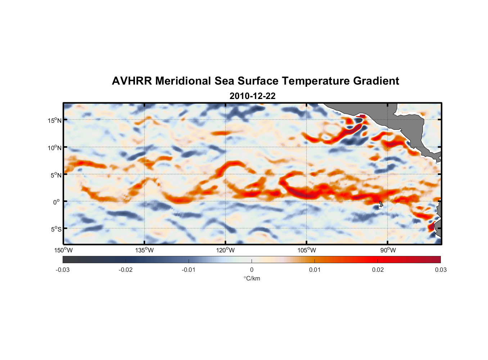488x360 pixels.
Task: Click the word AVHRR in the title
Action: coord(132,81)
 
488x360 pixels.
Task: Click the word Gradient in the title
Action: coord(376,81)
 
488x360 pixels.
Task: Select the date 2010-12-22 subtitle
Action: coord(252,96)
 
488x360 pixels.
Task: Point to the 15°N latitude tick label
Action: coord(55,120)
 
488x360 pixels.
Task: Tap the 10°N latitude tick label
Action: coord(55,148)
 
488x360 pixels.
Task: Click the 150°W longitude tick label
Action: coord(64,250)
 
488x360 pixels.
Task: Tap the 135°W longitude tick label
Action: coord(145,250)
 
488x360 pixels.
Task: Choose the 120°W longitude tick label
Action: coord(226,250)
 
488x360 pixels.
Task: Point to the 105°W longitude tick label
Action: coord(307,250)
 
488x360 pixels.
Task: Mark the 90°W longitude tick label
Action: coord(388,250)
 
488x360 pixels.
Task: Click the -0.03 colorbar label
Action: coord(63,270)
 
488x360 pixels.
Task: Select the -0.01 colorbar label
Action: coord(189,270)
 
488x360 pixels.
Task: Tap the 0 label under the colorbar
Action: coord(252,270)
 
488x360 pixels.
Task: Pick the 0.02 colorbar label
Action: coord(378,270)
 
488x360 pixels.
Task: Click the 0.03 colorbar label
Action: coord(440,270)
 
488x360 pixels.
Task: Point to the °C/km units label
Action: coord(252,278)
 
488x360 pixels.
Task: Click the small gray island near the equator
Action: coord(381,204)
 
